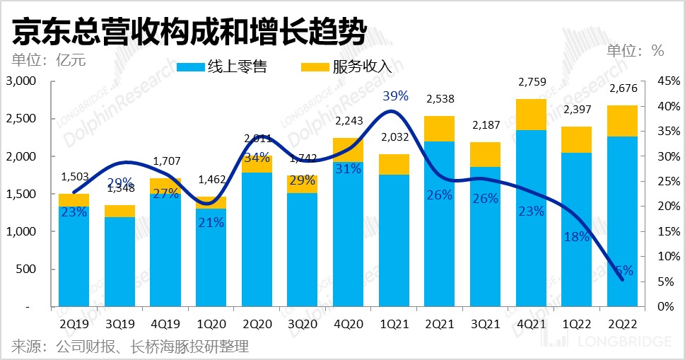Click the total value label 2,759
[x=531, y=83]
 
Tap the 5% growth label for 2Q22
[x=622, y=270]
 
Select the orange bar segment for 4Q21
[x=531, y=115]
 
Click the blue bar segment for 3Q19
[x=119, y=262]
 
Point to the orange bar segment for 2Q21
[x=440, y=129]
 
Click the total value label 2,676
[x=622, y=90]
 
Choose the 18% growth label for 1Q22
[x=576, y=237]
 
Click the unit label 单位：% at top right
[x=636, y=51]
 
